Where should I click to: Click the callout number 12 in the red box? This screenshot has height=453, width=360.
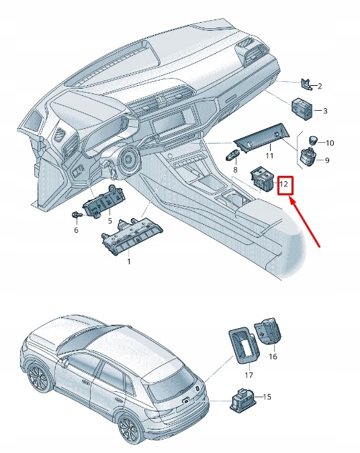pyautogui.click(x=284, y=183)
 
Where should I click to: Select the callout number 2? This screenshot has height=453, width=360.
pyautogui.click(x=320, y=86)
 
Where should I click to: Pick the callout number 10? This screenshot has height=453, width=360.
pyautogui.click(x=329, y=143)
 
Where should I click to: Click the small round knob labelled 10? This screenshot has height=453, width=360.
pyautogui.click(x=312, y=140)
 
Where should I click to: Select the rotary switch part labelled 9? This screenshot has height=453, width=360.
pyautogui.click(x=310, y=160)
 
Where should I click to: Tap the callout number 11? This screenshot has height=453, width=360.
pyautogui.click(x=269, y=156)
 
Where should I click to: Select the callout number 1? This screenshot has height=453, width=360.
pyautogui.click(x=129, y=261)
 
